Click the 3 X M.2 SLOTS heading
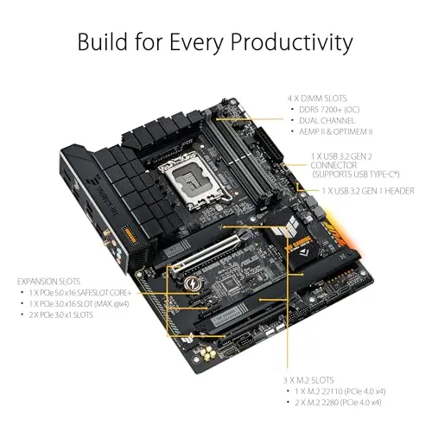[x=307, y=378]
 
